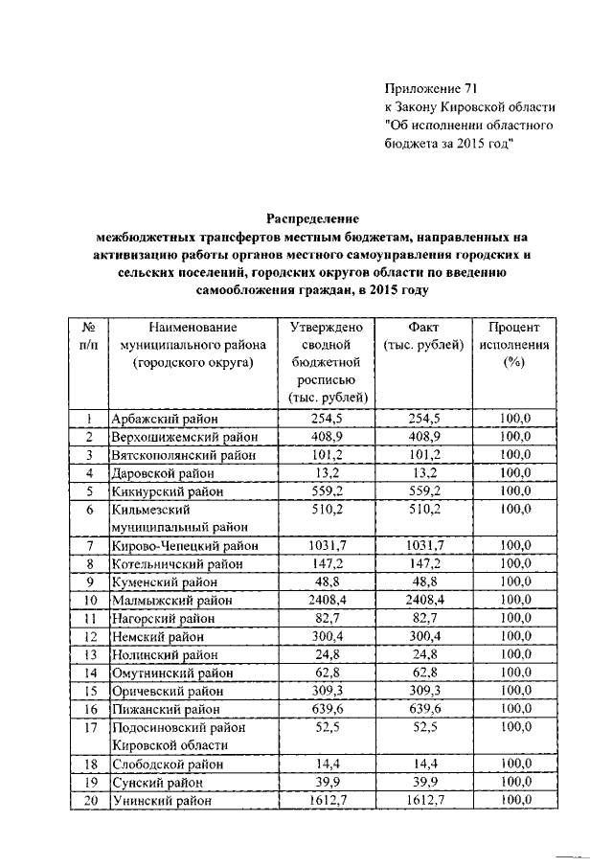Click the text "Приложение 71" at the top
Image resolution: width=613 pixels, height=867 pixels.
429,87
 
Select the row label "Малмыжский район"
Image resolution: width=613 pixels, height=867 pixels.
170,601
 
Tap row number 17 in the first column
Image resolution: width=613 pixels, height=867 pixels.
88,726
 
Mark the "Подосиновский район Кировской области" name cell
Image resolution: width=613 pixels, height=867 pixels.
170,736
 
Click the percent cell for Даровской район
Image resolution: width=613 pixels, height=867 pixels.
515,473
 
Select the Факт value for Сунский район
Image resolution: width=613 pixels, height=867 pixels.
422,783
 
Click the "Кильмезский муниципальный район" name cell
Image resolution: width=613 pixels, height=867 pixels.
170,518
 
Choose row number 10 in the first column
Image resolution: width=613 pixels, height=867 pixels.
88,601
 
